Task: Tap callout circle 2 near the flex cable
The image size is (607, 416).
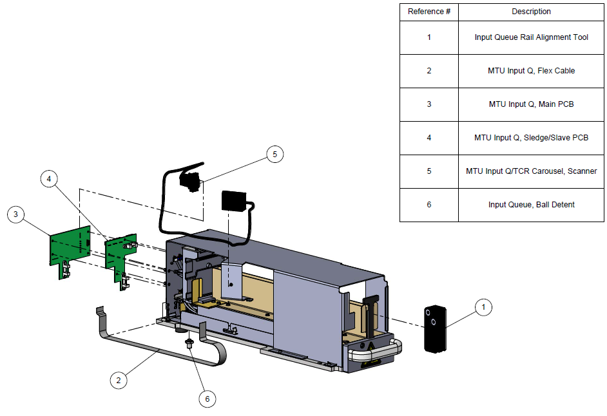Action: coord(118,381)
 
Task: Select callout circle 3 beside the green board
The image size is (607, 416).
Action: coord(17,215)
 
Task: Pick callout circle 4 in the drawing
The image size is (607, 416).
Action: coord(50,180)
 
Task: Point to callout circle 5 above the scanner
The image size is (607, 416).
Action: coord(275,154)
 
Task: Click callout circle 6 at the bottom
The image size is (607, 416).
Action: coord(207,399)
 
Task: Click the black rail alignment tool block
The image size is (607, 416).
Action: coord(435,328)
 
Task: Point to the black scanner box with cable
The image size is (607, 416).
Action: coord(235,202)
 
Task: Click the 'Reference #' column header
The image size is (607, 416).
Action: coord(429,12)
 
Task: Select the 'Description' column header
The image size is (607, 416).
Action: coord(531,12)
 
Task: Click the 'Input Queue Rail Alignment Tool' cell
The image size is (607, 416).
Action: coord(531,37)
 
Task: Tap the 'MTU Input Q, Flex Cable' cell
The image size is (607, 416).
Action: coord(531,71)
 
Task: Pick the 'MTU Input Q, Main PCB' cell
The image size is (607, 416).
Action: coord(531,104)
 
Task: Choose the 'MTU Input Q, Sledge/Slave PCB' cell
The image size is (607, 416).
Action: coord(531,138)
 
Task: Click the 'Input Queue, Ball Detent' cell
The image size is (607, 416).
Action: coord(531,205)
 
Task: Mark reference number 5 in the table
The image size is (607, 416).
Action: coord(429,171)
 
